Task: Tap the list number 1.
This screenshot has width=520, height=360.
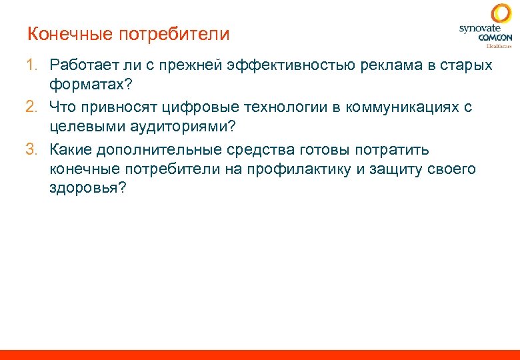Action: tap(31, 65)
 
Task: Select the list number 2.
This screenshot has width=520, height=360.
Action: tap(31, 107)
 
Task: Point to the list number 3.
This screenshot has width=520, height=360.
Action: tap(31, 149)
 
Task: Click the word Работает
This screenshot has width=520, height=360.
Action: tap(87, 65)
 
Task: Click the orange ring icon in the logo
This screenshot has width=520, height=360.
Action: tap(501, 14)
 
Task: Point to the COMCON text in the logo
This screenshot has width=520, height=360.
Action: tap(495, 38)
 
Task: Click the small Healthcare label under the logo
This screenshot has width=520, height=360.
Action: tap(499, 46)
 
